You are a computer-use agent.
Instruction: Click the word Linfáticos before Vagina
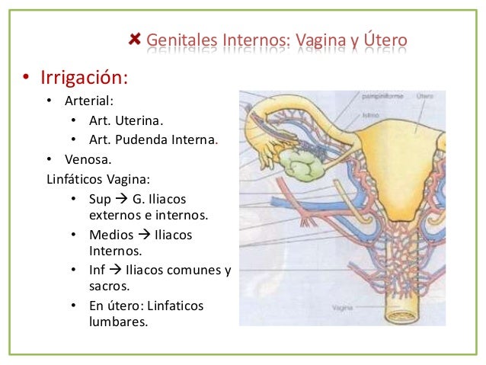[75, 180]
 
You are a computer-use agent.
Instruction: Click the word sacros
[109, 287]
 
